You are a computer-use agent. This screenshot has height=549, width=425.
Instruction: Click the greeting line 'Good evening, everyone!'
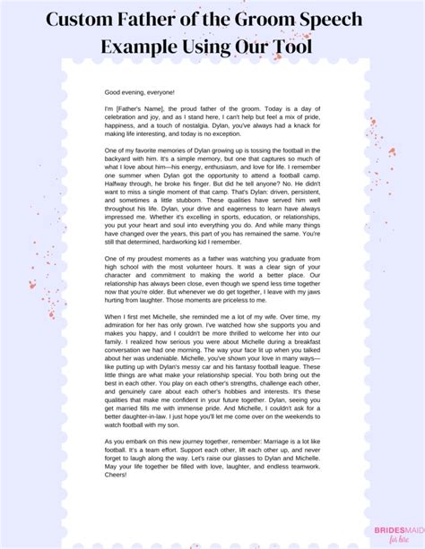pyautogui.click(x=140, y=92)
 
